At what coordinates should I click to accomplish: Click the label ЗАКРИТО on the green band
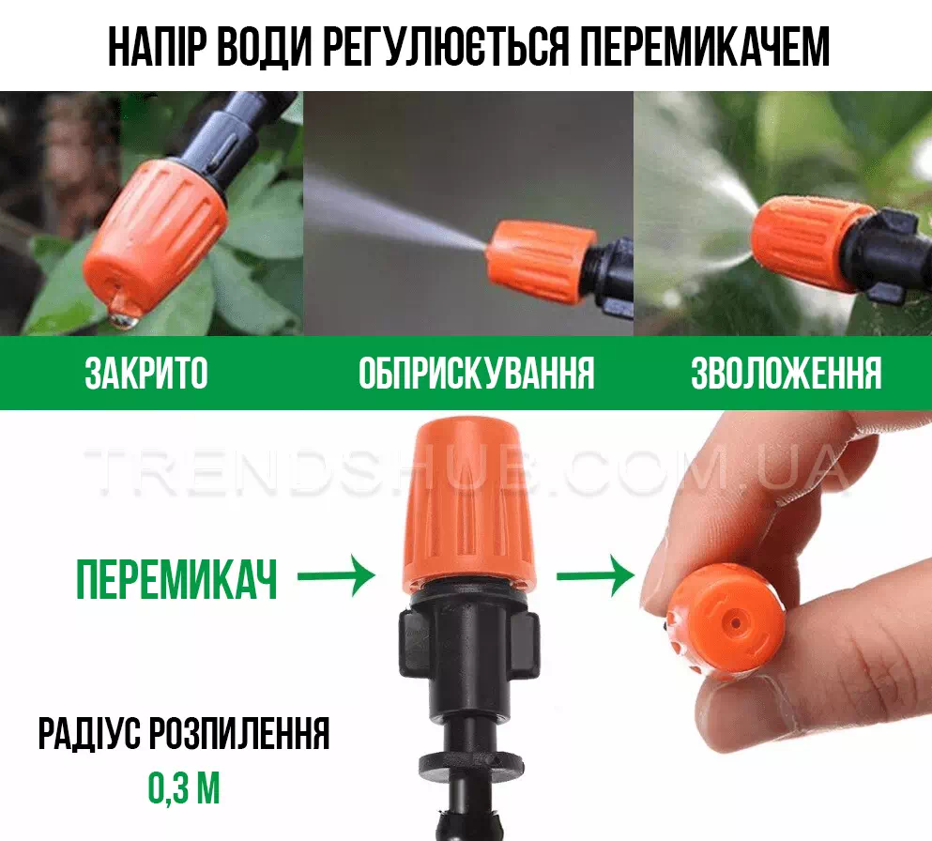coord(146,374)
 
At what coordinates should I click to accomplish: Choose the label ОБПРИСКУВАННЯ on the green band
coord(476,374)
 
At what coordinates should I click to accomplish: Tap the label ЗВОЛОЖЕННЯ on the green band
coord(786,374)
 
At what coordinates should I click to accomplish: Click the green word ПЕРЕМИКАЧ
coord(176,579)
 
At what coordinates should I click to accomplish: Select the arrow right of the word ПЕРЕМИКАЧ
coord(336,576)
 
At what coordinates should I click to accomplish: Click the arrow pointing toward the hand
coord(595,576)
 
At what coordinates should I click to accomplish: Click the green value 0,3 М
coord(184,788)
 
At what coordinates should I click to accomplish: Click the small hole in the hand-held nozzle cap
coord(735,623)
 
